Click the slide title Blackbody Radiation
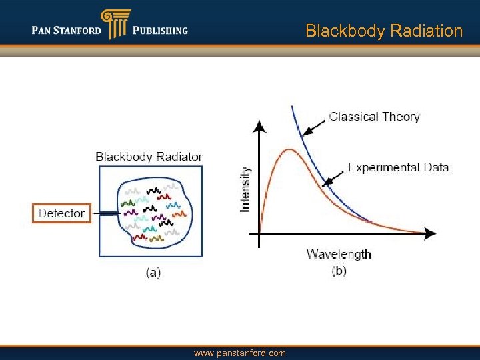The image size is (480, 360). [x=383, y=31]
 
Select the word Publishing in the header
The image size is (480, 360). [x=160, y=30]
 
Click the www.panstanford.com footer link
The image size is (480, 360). [x=239, y=353]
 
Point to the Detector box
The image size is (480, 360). [x=61, y=213]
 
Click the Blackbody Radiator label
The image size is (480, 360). [x=149, y=157]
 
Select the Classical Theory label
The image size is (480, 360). [x=374, y=117]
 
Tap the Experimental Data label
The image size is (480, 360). [x=398, y=167]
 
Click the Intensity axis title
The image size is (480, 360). [x=245, y=189]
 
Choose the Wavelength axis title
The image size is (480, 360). [x=339, y=254]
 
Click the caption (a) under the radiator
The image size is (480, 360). [x=153, y=272]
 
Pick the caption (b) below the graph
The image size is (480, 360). [x=339, y=271]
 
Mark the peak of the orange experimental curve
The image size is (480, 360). [x=287, y=150]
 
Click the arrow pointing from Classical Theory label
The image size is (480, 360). [x=314, y=127]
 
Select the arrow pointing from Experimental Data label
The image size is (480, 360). [x=333, y=176]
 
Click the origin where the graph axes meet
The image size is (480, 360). [x=260, y=233]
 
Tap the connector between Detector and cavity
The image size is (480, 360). [x=105, y=213]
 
